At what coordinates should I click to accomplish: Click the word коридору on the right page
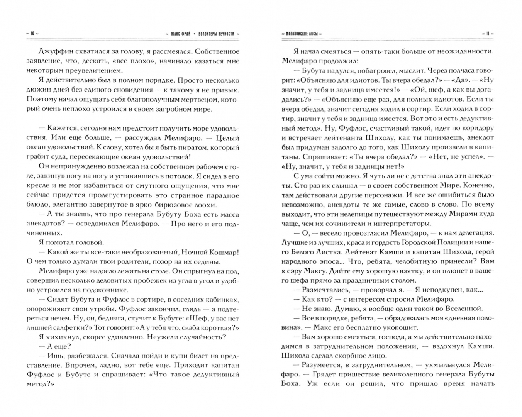(475, 128)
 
